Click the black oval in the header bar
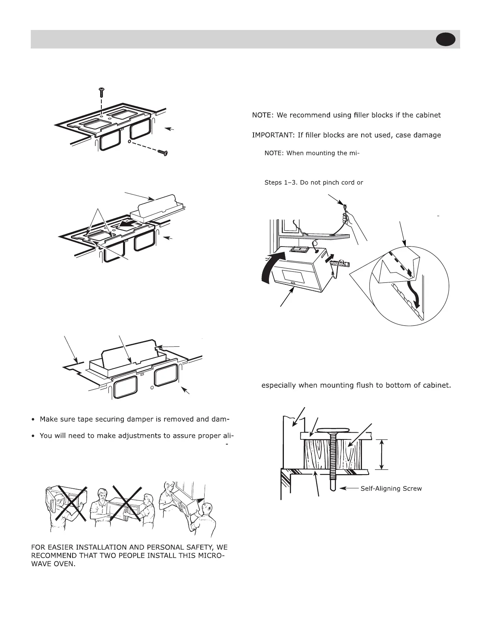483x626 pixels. [x=446, y=40]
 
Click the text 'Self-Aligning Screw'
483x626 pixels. [x=391, y=489]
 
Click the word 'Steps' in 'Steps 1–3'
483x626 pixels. [x=272, y=183]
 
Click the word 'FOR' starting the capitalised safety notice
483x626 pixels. [x=38, y=548]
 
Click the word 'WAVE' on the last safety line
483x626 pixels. [x=40, y=564]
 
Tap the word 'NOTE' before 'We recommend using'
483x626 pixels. [x=262, y=116]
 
